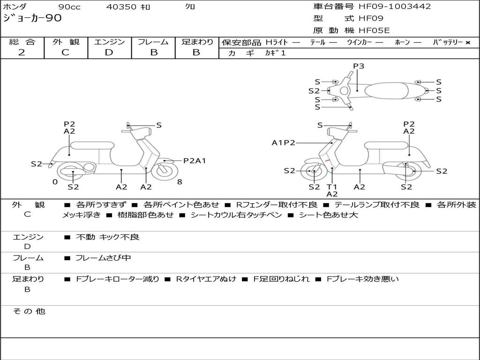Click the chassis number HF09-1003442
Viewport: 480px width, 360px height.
(395, 7)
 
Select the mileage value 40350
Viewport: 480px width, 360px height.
(121, 7)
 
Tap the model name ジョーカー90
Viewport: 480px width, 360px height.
(32, 18)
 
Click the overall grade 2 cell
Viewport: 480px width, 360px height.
(22, 52)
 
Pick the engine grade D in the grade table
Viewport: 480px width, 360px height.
(109, 52)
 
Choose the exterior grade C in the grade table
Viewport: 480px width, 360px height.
(65, 52)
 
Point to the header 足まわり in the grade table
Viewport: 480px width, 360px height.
(197, 42)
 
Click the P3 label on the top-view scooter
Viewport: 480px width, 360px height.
(359, 66)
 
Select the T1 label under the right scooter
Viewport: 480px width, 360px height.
(332, 187)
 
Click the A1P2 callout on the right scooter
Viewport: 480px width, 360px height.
(283, 143)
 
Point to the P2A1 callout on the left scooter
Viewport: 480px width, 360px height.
(195, 161)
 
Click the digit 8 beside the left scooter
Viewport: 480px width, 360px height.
(180, 182)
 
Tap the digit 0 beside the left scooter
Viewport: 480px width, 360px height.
(55, 182)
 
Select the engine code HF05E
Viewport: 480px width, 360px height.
(374, 30)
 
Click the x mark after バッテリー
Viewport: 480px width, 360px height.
(467, 43)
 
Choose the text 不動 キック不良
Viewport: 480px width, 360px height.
(107, 237)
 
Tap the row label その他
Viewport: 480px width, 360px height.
(29, 311)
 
